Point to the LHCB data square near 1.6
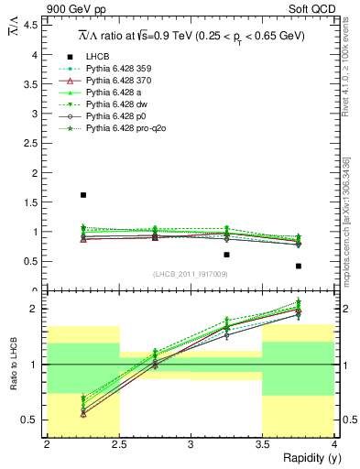click(x=83, y=195)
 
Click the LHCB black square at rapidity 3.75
click(x=299, y=266)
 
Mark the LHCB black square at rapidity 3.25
click(x=227, y=255)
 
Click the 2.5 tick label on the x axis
click(x=118, y=444)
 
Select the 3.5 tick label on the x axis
click(x=262, y=444)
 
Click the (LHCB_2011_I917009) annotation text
click(x=191, y=273)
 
